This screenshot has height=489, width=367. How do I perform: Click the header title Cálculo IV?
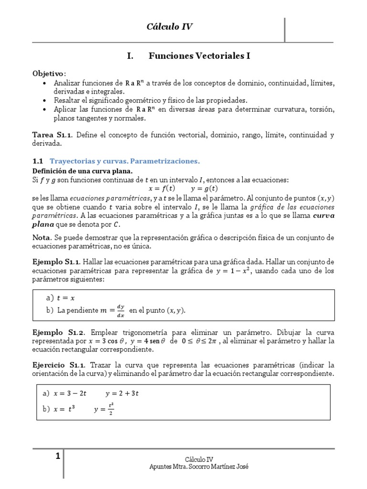tap(169, 27)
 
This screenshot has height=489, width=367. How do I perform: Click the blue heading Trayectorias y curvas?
tap(124, 161)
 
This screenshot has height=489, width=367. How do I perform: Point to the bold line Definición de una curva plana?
tap(82, 171)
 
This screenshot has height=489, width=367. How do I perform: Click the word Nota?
tap(42, 237)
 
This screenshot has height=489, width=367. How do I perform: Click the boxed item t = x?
tap(66, 298)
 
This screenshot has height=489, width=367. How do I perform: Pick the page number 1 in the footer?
tap(58, 457)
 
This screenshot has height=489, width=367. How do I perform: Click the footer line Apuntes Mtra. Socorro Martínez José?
tap(199, 467)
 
